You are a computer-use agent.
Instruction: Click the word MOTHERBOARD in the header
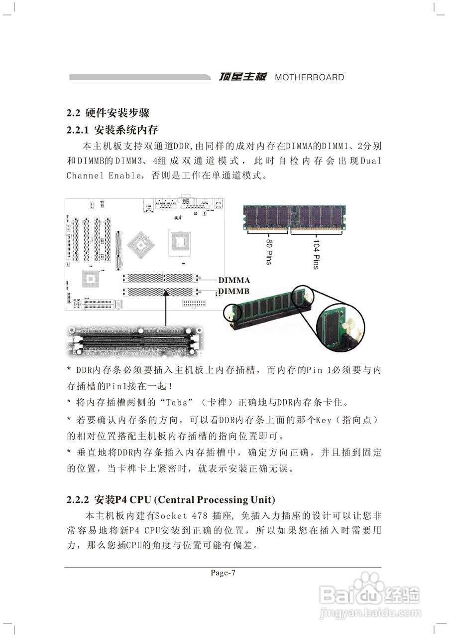click(x=309, y=78)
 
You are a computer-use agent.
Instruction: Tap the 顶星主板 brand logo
click(x=243, y=77)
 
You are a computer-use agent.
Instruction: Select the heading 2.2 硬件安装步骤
click(x=108, y=113)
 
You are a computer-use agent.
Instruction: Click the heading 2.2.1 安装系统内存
click(x=112, y=130)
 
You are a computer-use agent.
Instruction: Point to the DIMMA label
click(x=234, y=281)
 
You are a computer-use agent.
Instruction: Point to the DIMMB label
click(x=234, y=292)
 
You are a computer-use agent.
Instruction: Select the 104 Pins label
click(x=316, y=254)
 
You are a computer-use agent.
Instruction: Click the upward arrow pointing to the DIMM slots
click(x=165, y=309)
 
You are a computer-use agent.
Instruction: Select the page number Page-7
click(x=223, y=573)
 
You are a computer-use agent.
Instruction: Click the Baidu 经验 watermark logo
click(x=370, y=593)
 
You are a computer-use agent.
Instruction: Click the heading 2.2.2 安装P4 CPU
click(x=171, y=499)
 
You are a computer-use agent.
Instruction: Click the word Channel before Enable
click(x=85, y=175)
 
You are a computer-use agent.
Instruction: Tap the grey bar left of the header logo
click(x=139, y=78)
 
